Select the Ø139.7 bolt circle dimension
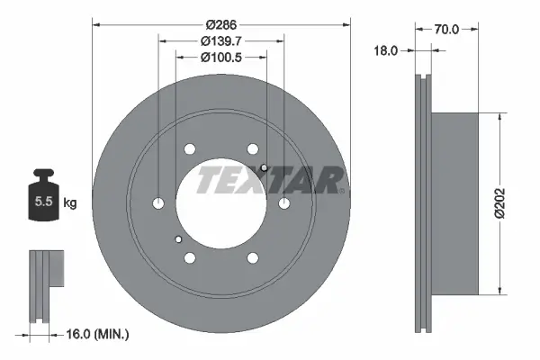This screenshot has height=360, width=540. (x=221, y=40)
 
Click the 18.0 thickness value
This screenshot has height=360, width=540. (x=385, y=52)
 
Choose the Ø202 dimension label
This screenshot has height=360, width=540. (x=512, y=203)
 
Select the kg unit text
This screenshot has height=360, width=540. (x=70, y=203)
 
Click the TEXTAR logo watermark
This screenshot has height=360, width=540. (x=270, y=180)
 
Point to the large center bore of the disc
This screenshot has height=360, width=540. (x=221, y=203)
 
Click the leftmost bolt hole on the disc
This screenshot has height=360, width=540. (x=159, y=203)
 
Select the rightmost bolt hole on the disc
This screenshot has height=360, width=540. (x=283, y=203)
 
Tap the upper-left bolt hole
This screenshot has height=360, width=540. (x=190, y=149)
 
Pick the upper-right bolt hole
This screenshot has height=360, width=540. (x=253, y=149)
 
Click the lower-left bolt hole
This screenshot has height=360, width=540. (x=190, y=258)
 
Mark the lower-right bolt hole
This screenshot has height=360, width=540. (x=253, y=258)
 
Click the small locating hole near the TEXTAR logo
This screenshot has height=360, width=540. (x=264, y=168)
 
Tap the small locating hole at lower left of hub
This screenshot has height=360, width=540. (x=179, y=239)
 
